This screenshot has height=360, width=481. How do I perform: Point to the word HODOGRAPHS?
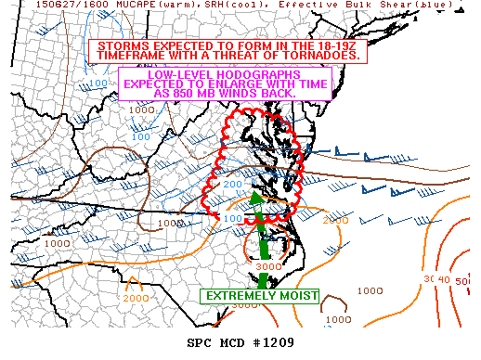278,74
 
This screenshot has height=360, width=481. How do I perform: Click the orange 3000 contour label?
267,266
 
